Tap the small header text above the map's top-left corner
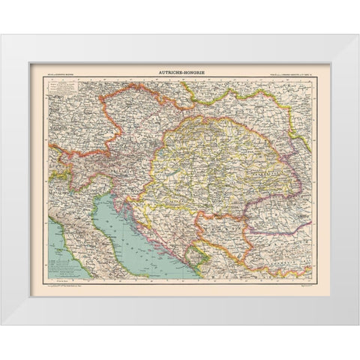tap(49, 73)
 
